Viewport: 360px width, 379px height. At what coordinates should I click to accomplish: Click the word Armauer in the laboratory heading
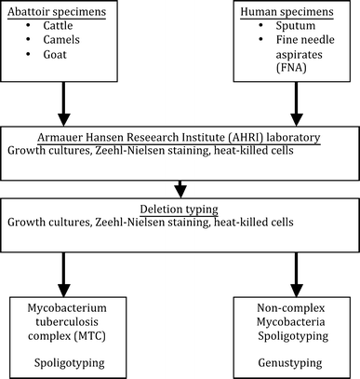[x=33, y=135]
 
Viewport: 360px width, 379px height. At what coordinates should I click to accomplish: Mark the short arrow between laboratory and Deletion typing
[x=179, y=183]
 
